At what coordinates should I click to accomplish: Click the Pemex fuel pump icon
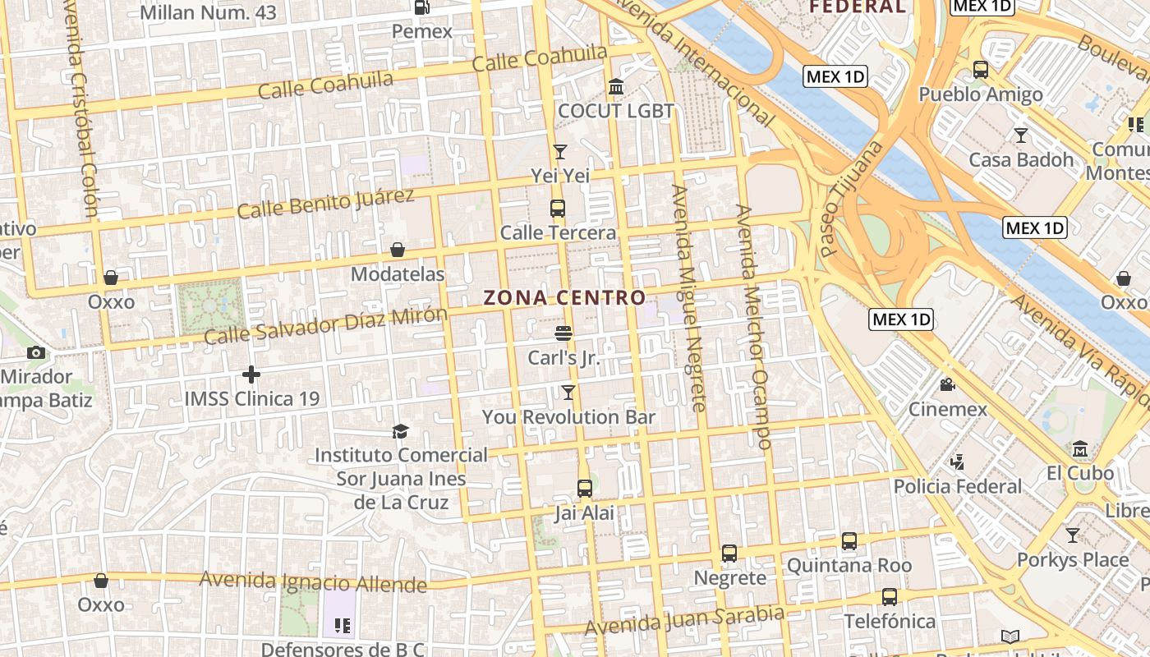[x=422, y=7]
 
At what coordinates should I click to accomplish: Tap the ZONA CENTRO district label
[x=564, y=297]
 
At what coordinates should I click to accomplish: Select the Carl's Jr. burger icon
[x=563, y=333]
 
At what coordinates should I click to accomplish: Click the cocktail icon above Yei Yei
[x=560, y=151]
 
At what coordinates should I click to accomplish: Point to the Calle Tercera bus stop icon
[x=558, y=208]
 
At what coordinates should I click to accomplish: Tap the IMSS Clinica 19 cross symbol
[x=251, y=374]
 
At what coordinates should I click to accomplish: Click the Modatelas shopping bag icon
[x=398, y=250]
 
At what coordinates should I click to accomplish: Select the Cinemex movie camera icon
[x=947, y=384]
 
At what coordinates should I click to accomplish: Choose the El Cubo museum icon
[x=1080, y=448]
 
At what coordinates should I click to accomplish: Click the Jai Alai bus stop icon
[x=585, y=489]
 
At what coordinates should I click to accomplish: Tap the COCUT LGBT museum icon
[x=616, y=86]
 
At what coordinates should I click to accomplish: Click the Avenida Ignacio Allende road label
[x=313, y=581]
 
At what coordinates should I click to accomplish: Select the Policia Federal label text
[x=958, y=486]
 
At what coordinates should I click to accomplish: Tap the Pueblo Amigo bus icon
[x=981, y=70]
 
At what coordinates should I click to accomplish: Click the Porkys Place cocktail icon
[x=1073, y=535]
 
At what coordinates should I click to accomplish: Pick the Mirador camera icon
[x=36, y=353]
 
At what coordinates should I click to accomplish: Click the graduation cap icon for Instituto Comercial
[x=400, y=431]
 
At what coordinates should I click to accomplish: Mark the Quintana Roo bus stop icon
[x=849, y=541]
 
